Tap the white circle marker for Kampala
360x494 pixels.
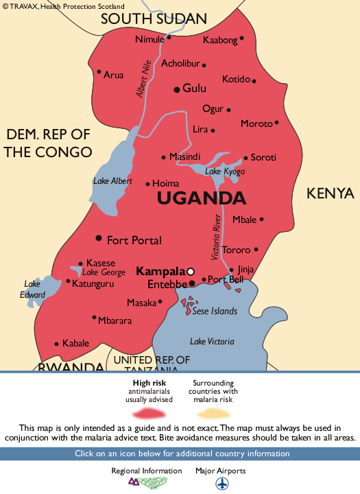point(191,270)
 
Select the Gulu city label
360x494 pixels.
point(194,89)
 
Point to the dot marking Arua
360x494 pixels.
point(99,72)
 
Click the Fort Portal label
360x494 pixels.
point(134,240)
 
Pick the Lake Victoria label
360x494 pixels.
point(212,341)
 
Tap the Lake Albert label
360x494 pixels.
point(112,181)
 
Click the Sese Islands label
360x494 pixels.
point(215,311)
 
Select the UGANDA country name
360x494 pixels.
point(201,199)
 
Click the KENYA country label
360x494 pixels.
point(329,193)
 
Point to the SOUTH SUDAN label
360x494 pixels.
point(154,19)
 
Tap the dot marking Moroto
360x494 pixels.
point(276,123)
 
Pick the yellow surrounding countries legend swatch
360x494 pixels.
point(213,412)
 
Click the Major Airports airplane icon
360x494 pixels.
point(222,484)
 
